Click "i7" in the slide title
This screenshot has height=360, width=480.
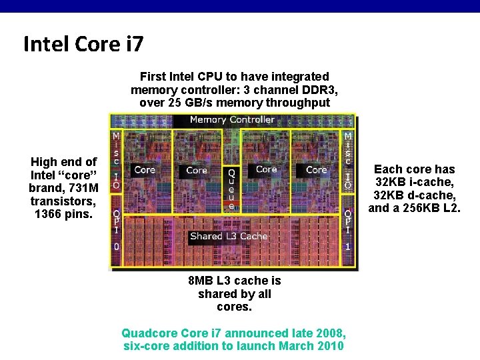pyautogui.click(x=131, y=44)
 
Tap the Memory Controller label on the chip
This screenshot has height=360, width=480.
pyautogui.click(x=232, y=120)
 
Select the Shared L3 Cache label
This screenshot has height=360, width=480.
pyautogui.click(x=228, y=236)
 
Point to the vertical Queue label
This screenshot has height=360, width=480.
pyautogui.click(x=231, y=189)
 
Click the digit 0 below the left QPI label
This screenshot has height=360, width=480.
pyautogui.click(x=116, y=246)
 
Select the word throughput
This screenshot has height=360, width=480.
pyautogui.click(x=297, y=103)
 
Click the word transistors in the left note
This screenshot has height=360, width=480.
pyautogui.click(x=63, y=201)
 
